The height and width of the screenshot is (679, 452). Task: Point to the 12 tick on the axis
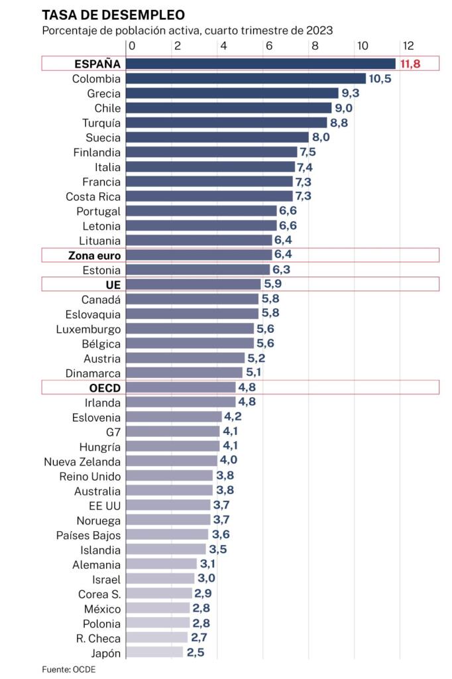[408, 46]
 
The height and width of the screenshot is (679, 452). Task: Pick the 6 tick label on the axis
[268, 46]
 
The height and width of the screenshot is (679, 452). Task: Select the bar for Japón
[154, 652]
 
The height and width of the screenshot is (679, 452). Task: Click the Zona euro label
[94, 255]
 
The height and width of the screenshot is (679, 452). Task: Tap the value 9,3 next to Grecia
[350, 93]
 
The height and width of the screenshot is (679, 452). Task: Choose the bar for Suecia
[217, 137]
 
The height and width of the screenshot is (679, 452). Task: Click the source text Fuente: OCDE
[68, 669]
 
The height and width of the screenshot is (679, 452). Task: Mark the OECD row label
[103, 388]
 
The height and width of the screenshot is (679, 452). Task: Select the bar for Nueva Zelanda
[172, 461]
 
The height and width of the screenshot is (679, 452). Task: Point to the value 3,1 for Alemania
[207, 564]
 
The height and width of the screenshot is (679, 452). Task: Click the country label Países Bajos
[89, 534]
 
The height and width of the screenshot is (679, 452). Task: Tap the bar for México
[158, 608]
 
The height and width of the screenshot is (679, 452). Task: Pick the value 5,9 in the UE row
[272, 284]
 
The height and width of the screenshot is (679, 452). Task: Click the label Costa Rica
[93, 196]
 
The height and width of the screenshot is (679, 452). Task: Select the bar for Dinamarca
[184, 373]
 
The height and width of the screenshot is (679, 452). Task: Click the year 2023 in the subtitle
[319, 31]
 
